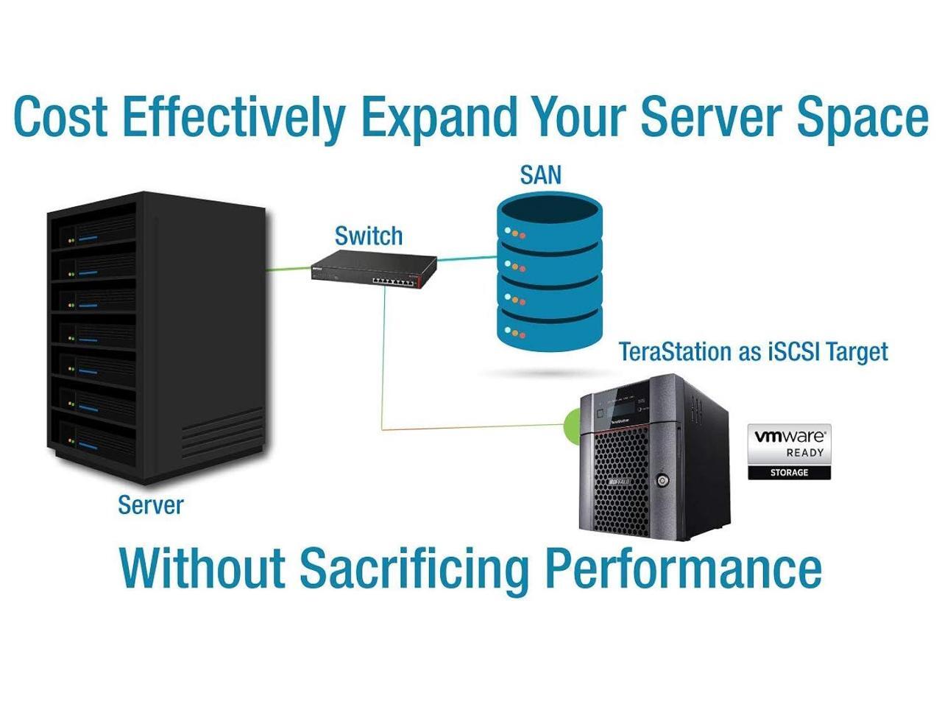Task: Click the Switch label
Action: [368, 236]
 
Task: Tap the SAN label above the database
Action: [540, 175]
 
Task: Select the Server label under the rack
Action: [150, 505]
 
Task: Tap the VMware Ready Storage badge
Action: [789, 451]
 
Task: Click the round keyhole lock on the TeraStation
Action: [664, 482]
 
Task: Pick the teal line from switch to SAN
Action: [467, 258]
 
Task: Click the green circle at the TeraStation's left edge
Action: [570, 426]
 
